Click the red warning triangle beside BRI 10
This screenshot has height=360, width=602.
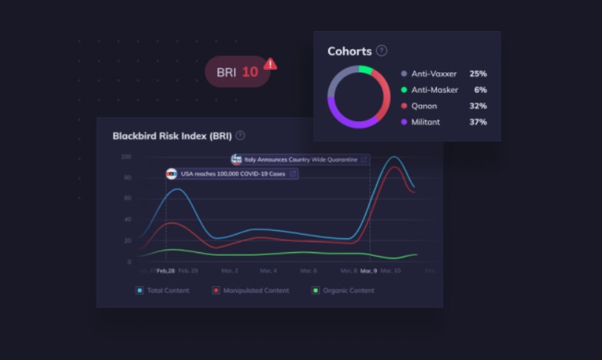point(270,64)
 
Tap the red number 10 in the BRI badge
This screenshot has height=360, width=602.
point(250,72)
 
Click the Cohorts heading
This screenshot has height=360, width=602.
point(349,52)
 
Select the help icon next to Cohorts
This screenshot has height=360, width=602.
point(381,51)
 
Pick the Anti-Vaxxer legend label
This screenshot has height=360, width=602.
point(434,74)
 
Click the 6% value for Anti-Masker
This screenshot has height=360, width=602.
point(481,90)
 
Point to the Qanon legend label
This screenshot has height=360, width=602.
point(424,105)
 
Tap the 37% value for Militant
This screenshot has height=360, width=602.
point(478,122)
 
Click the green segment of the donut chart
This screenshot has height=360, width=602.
point(365,70)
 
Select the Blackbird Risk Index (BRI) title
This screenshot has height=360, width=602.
point(172,136)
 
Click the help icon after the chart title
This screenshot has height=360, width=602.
point(241,136)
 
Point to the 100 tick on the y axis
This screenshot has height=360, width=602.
point(125,157)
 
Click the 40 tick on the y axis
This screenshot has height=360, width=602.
point(127,220)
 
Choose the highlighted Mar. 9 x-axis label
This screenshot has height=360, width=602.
point(369,271)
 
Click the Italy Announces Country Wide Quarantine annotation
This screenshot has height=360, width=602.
point(301,159)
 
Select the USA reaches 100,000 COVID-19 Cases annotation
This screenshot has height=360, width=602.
point(232,174)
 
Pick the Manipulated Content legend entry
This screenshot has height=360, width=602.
point(251,291)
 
